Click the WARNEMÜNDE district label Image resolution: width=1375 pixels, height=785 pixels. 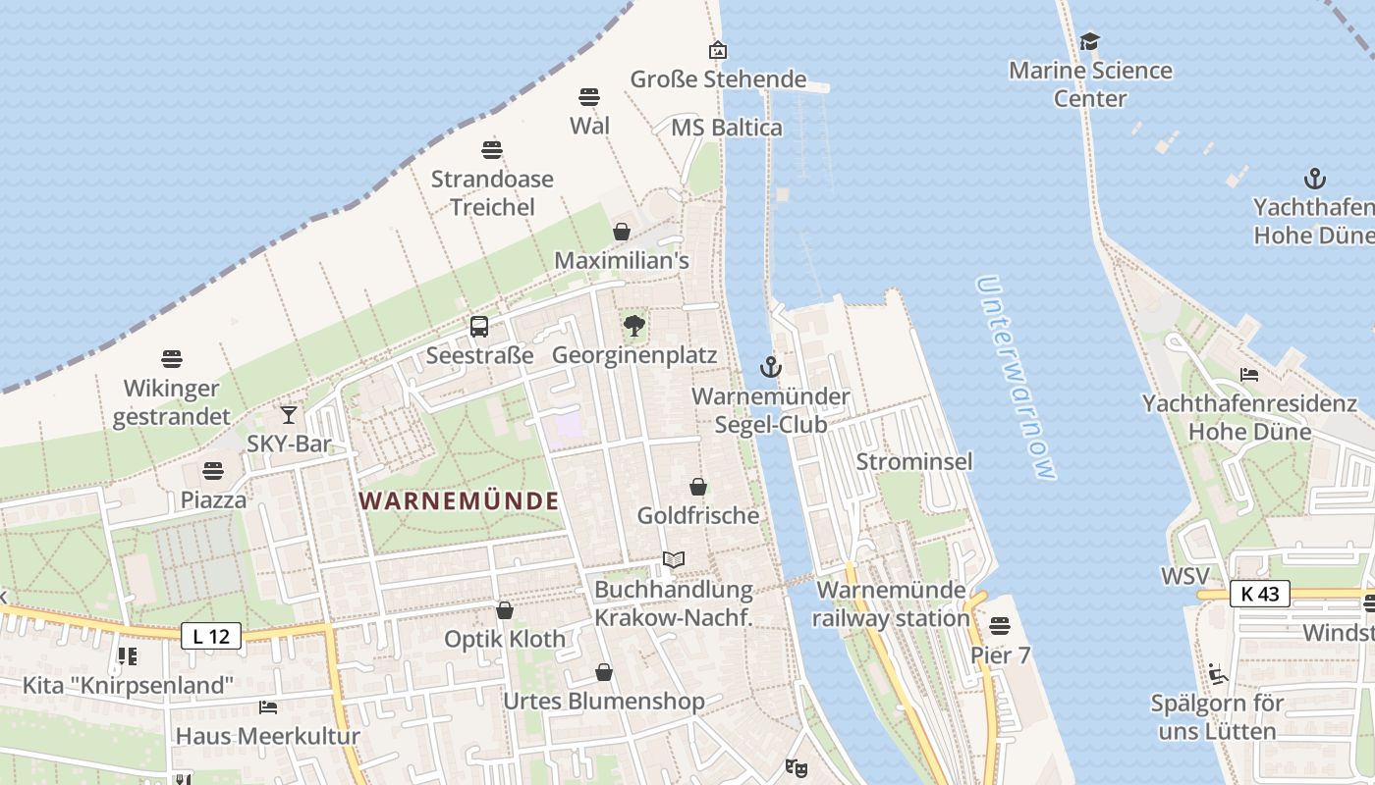coord(459,501)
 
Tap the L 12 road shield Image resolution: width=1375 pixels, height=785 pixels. coord(211,637)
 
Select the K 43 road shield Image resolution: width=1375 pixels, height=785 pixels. coord(1259,594)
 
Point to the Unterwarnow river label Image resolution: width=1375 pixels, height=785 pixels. coord(1017,378)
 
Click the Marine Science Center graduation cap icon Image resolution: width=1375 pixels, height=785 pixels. coord(1089,41)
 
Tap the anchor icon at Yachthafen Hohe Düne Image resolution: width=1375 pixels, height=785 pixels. coord(1314,179)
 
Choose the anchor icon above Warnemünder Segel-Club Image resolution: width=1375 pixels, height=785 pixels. coord(771,368)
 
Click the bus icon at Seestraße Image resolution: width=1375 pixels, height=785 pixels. coord(479,327)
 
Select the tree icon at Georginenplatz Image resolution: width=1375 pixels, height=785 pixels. coord(633,326)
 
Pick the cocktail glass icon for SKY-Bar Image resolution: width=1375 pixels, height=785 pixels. coord(289,415)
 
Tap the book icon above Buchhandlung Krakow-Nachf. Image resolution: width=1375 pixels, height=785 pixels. coord(673,560)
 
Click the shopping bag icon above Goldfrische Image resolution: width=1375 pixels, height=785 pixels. coord(698,487)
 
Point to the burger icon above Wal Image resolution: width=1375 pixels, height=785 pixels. coord(589,97)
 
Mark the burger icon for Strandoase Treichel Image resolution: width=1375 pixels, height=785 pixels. coord(492,150)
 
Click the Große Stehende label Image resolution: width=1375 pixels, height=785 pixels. coord(718,79)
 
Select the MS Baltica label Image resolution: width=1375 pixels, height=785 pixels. coord(727,128)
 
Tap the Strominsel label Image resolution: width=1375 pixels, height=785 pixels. coord(914,461)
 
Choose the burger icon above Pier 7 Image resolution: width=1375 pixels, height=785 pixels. coord(1000,625)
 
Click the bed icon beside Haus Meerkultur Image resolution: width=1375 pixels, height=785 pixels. coord(268,706)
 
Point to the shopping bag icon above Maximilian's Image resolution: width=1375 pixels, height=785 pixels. coord(622,232)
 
